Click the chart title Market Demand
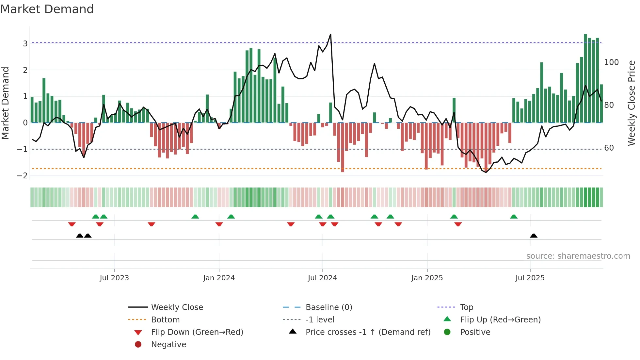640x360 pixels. coord(47,9)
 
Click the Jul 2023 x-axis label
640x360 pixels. coord(114,278)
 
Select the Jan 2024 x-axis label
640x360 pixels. coord(219,278)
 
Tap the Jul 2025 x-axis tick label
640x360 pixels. coord(530,278)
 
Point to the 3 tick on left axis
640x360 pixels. coord(25,43)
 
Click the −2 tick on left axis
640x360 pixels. coord(23,176)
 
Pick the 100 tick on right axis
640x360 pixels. coord(611,62)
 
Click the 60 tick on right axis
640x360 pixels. coord(609,148)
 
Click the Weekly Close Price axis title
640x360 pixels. coord(632,103)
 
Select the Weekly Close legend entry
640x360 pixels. coord(177,307)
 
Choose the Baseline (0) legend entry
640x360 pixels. coord(328,307)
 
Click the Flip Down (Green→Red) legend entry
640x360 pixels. coord(197,332)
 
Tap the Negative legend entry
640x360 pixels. coord(168,345)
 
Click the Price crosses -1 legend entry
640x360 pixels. coord(368,332)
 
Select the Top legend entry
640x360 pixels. coord(467,307)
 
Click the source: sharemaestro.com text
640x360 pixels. coord(578,256)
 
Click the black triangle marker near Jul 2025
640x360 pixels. coord(534,236)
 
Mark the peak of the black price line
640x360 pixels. coord(330,34)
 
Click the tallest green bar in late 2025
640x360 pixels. coord(585,78)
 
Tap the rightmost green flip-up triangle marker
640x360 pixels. coord(514,217)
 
